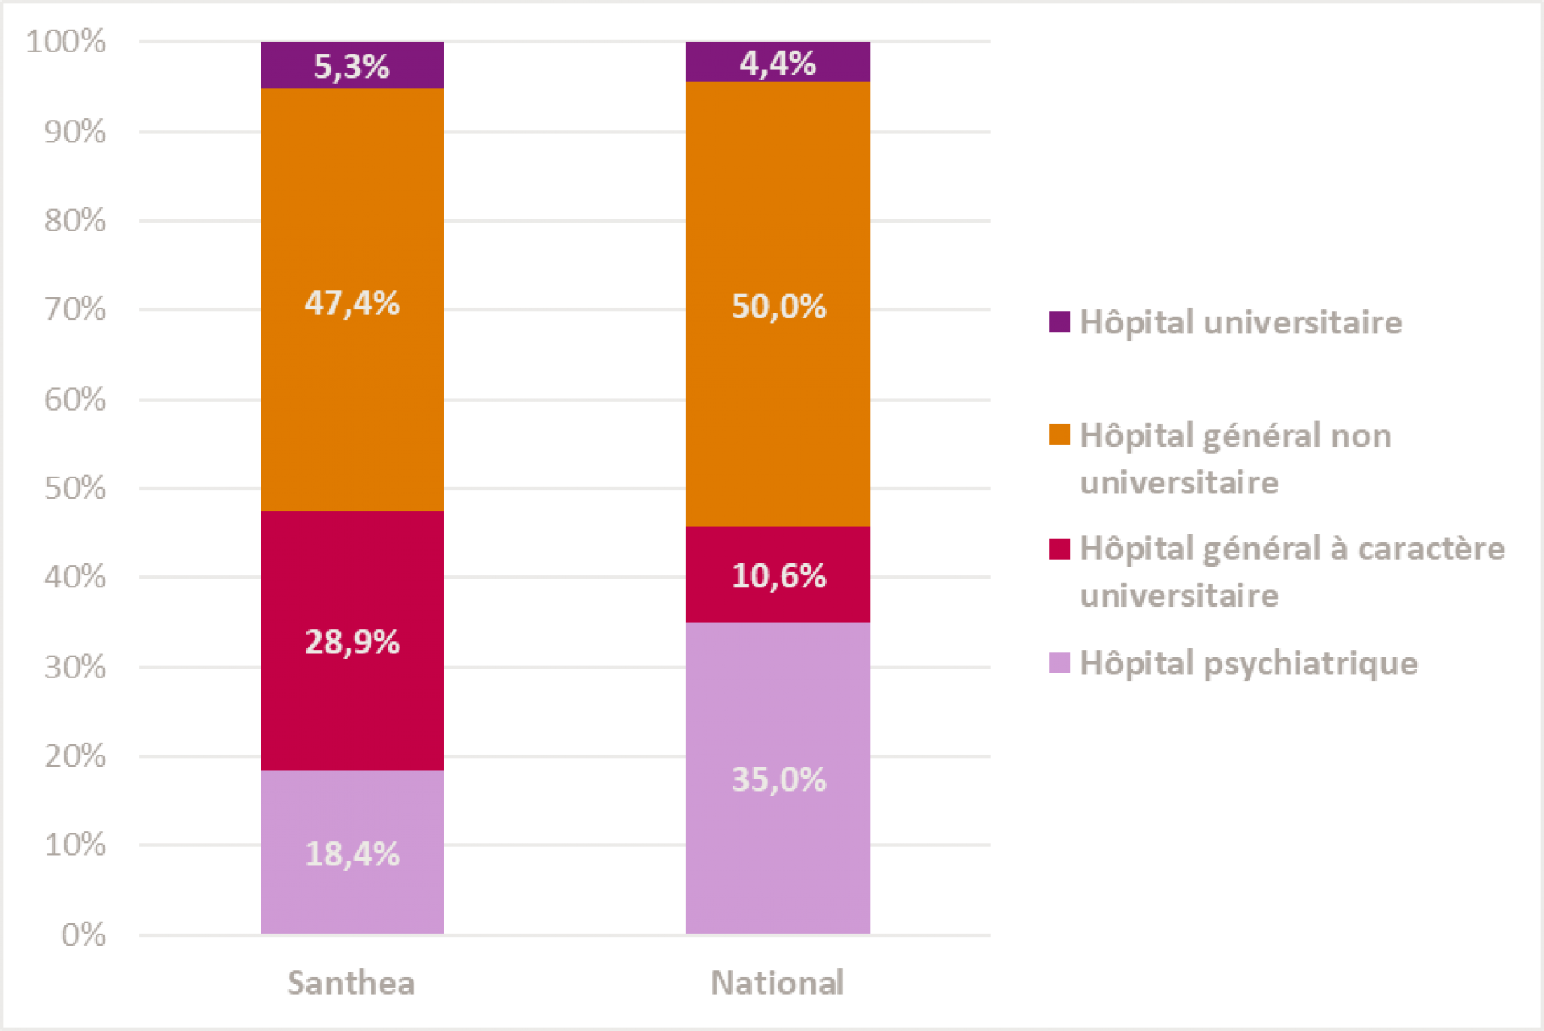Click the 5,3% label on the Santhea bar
351,67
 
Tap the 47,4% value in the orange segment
351,304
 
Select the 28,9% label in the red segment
351,642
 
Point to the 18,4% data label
351,854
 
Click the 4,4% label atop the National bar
777,63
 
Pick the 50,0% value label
778,307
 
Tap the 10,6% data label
778,576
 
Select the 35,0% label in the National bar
778,779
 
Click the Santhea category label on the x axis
351,983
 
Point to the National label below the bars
777,983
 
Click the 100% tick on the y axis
66,41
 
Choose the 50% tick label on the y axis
75,488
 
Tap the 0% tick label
83,934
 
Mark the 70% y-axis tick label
75,309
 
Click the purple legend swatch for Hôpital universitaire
1060,322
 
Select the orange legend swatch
1060,435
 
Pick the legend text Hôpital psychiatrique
1249,664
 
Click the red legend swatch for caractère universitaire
1060,549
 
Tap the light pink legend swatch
1060,663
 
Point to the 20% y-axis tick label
75,755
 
